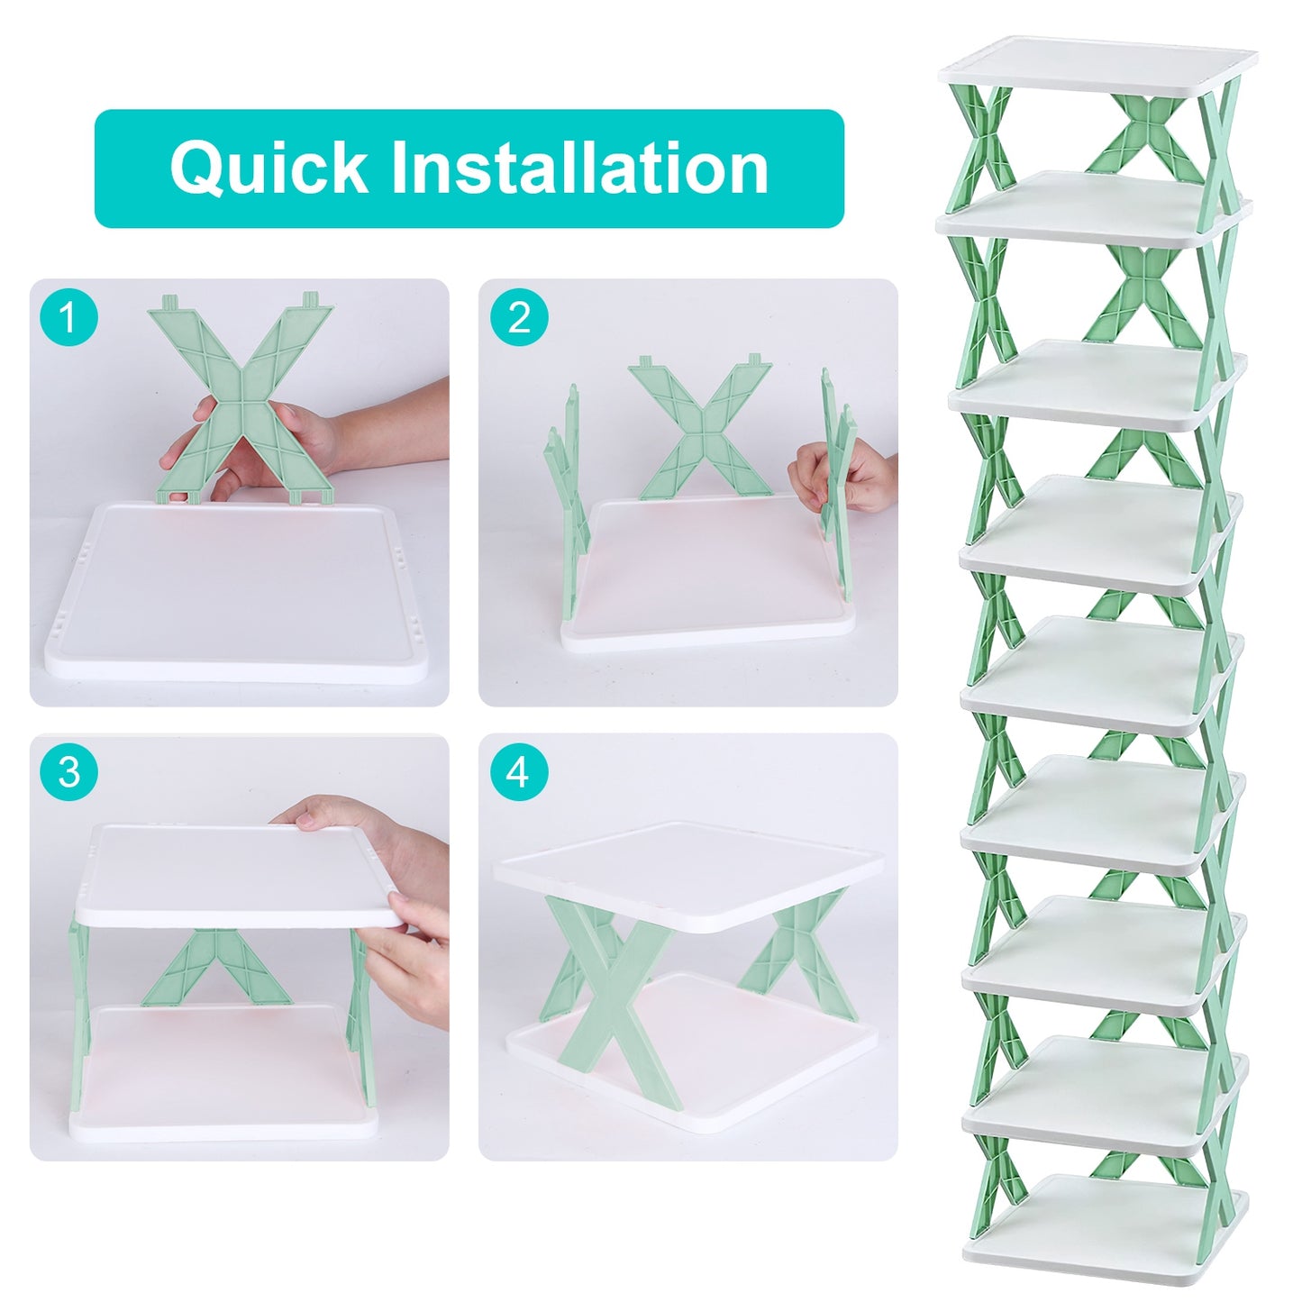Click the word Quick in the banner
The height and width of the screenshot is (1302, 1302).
(x=269, y=168)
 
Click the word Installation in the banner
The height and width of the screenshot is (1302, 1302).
(x=578, y=168)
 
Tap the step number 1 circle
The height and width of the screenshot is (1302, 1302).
(x=68, y=318)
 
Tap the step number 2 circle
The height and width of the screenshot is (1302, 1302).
(x=518, y=318)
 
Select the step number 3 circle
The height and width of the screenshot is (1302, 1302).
(x=68, y=772)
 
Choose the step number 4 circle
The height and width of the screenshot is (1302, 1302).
(x=518, y=772)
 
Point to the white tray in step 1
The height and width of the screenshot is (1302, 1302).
(x=236, y=595)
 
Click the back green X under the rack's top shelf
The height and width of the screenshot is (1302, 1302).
(x=1144, y=135)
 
